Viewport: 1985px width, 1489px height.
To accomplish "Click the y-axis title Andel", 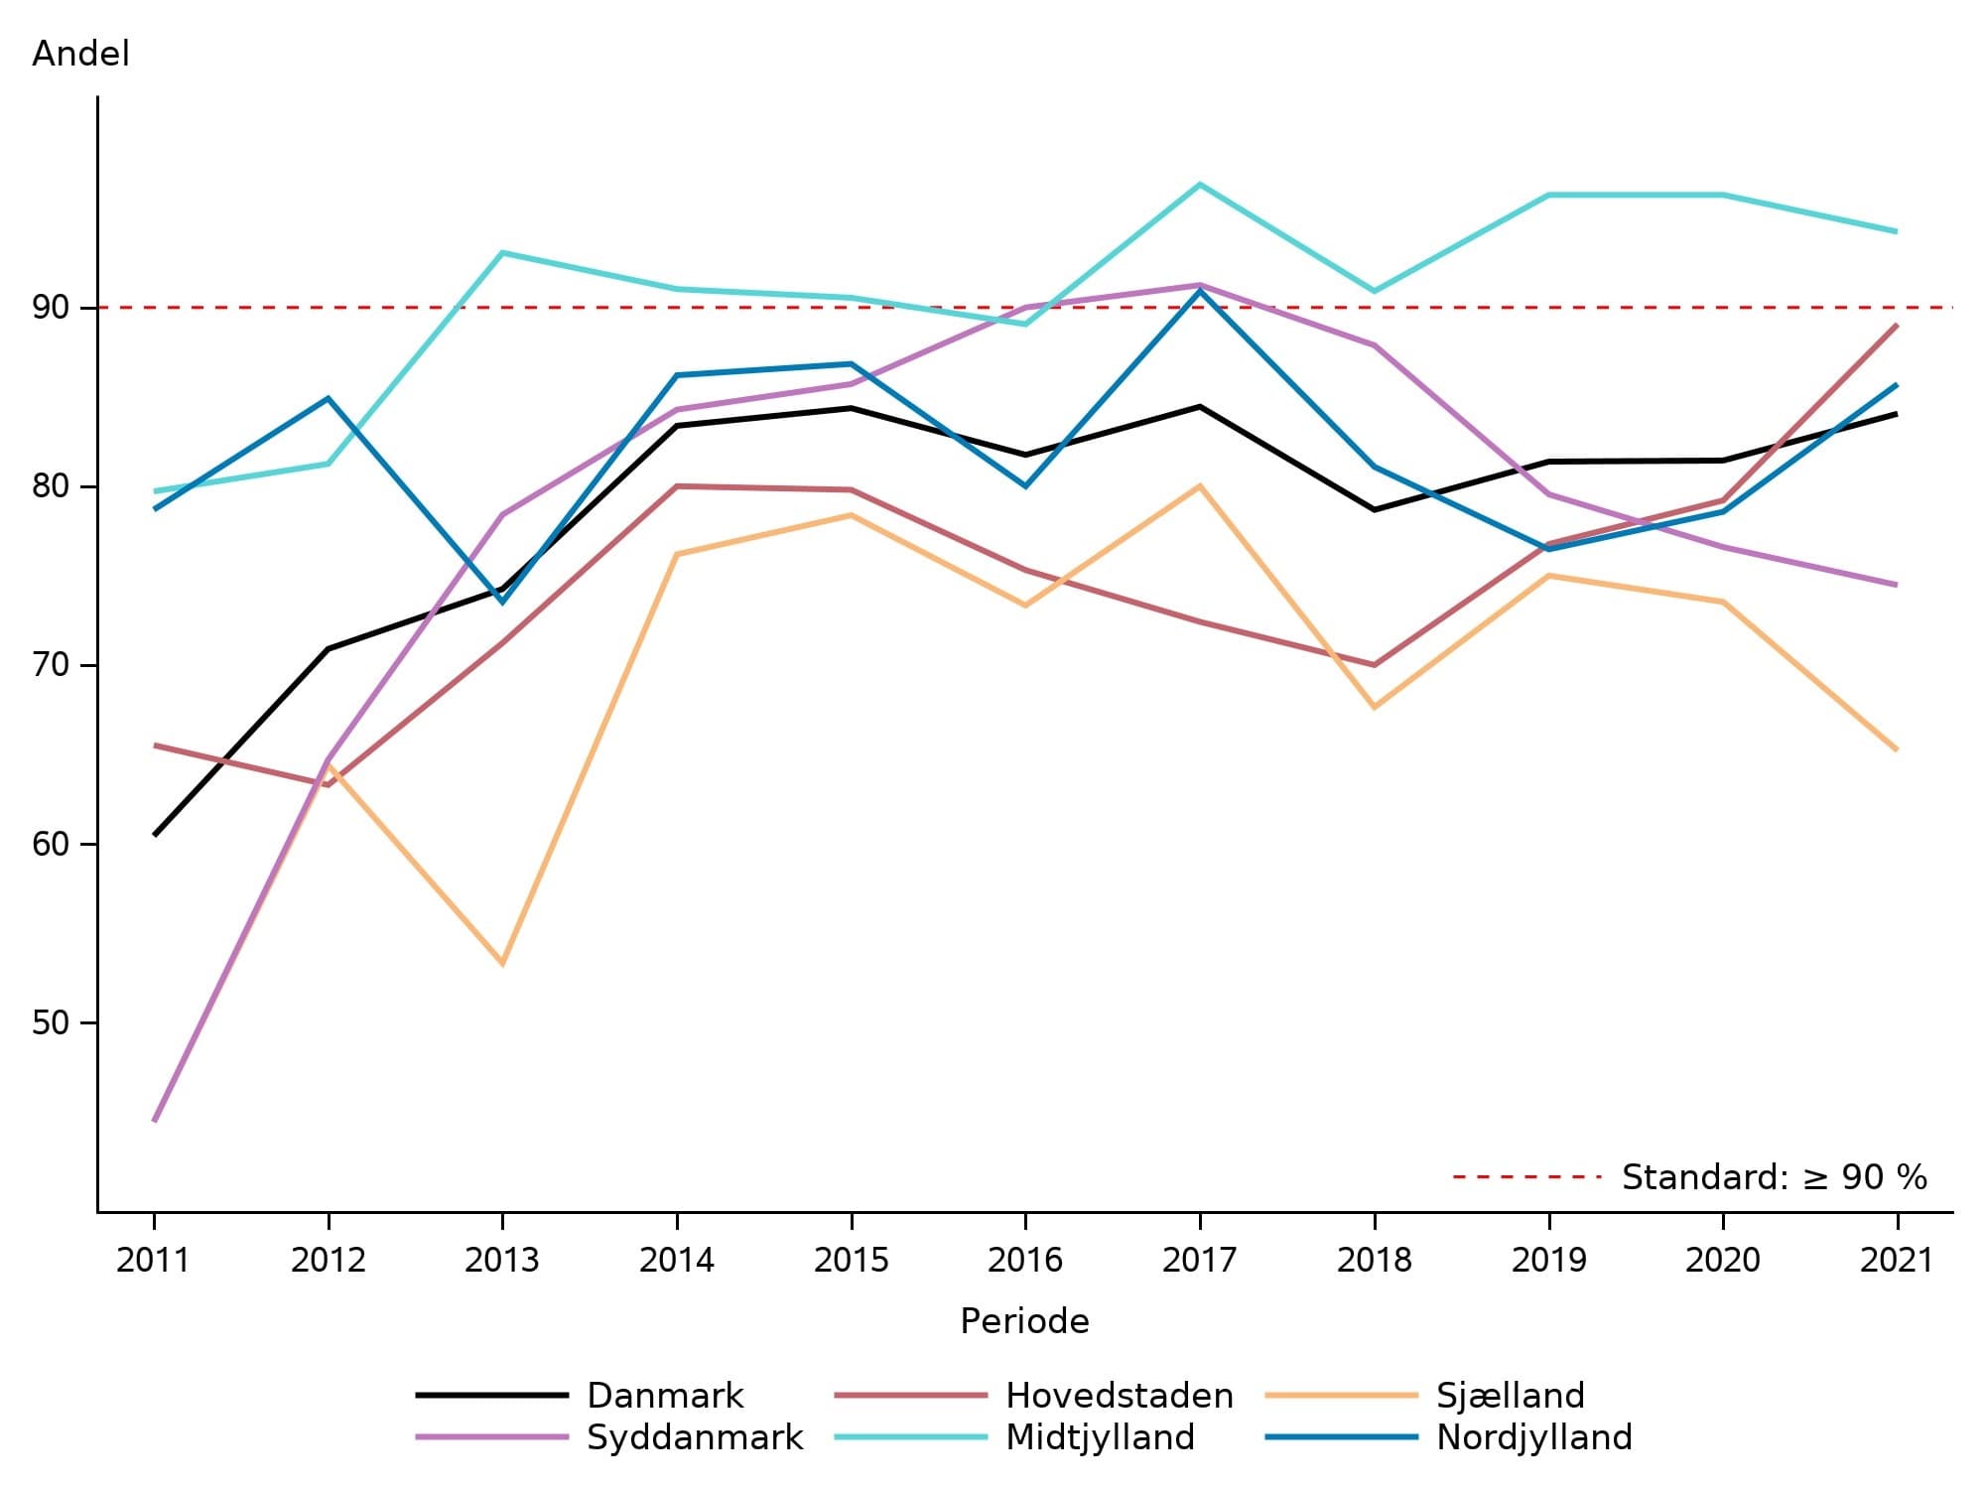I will (x=80, y=53).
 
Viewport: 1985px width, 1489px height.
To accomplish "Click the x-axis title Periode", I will (x=1024, y=1321).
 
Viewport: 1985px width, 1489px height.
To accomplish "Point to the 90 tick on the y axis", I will (x=51, y=308).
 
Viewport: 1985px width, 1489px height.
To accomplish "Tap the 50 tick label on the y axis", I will (x=51, y=1022).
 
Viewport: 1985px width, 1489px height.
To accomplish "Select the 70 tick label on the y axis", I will (x=51, y=665).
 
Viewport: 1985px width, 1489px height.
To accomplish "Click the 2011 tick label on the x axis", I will (x=153, y=1260).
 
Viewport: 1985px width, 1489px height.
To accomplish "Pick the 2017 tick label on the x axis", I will (x=1199, y=1260).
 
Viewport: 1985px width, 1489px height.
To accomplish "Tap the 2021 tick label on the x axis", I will (x=1897, y=1260).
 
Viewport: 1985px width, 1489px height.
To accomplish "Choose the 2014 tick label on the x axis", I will (x=676, y=1260).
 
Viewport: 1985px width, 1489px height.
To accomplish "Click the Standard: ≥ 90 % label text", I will (x=1774, y=1177).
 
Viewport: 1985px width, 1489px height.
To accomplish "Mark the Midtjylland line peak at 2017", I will (x=1200, y=185).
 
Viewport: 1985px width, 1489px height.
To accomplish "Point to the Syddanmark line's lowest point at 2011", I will (x=155, y=1121).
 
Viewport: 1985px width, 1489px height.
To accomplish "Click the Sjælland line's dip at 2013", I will (x=502, y=964).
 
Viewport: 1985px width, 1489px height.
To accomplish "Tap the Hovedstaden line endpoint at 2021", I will (x=1897, y=326).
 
